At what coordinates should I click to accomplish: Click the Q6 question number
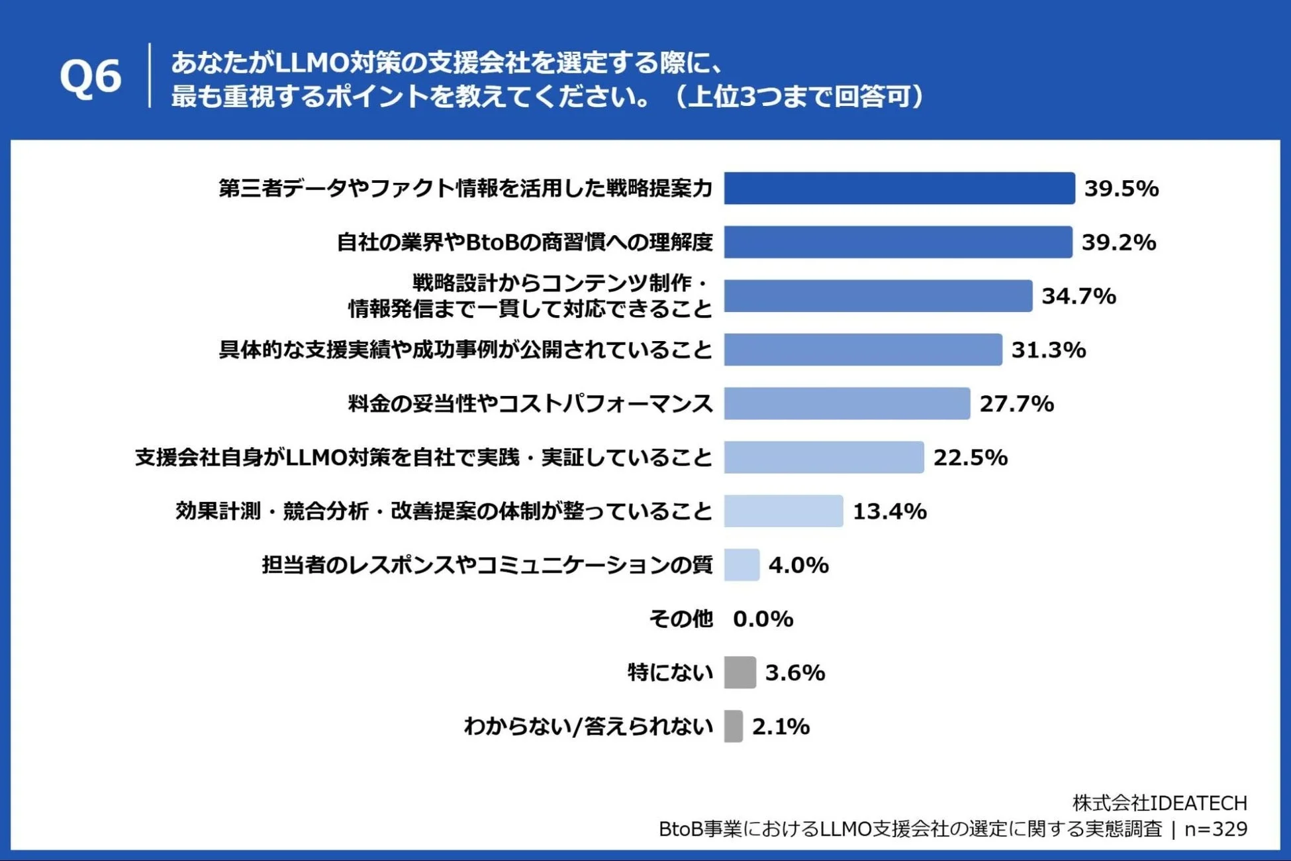[91, 77]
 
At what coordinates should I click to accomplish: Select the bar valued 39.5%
[898, 188]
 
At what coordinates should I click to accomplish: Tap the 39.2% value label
[1118, 242]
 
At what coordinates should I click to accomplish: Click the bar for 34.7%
[877, 296]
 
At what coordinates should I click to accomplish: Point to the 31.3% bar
[862, 350]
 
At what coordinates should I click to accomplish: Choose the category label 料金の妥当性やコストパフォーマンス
[530, 403]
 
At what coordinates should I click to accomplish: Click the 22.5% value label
[970, 458]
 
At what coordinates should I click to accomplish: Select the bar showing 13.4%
[783, 511]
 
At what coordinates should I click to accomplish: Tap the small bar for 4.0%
[741, 565]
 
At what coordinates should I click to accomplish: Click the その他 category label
[681, 619]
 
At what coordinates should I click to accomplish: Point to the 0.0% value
[763, 619]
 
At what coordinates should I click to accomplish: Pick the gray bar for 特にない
[740, 673]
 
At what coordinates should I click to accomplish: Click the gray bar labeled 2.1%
[733, 727]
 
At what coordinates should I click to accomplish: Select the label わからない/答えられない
[588, 727]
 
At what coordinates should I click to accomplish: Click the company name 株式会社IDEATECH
[1159, 803]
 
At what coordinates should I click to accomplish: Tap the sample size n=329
[1216, 829]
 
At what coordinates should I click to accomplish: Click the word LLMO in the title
[311, 63]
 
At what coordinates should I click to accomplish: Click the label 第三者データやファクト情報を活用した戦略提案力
[465, 188]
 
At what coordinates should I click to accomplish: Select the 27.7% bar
[846, 403]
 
